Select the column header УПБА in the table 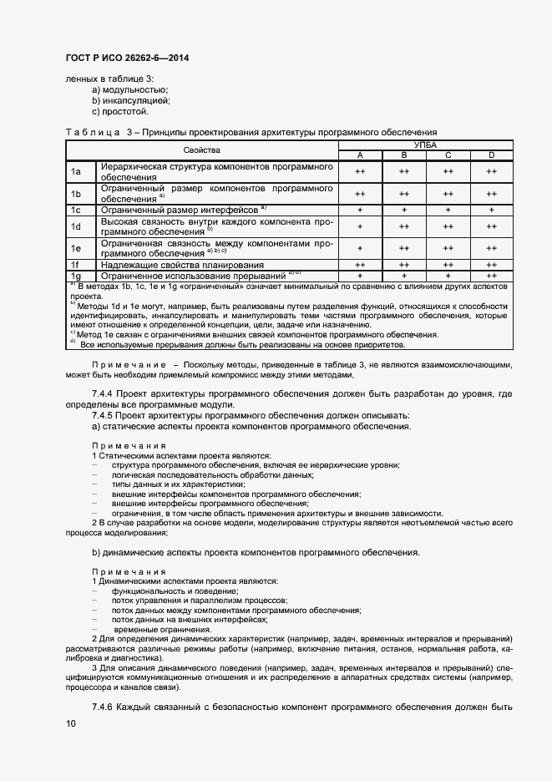(425, 145)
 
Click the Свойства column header (201, 150)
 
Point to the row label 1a (75, 172)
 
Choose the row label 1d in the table (75, 226)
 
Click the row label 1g (75, 275)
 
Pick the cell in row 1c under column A (360, 210)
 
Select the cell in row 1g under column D (491, 275)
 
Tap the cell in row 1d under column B (403, 226)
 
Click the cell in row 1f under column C (448, 264)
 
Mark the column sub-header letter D (491, 155)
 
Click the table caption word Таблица (92, 132)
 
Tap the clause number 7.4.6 (105, 708)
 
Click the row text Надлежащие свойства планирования (170, 264)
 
